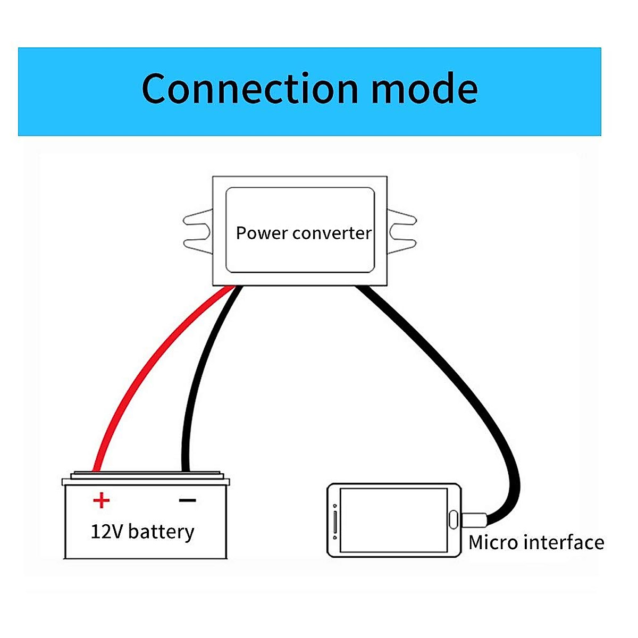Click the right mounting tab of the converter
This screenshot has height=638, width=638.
coord(402,232)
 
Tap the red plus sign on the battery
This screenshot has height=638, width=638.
coord(101,500)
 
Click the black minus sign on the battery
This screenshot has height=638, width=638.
coord(187,500)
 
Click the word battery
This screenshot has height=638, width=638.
coord(161,532)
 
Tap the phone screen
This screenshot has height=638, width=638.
coord(393,520)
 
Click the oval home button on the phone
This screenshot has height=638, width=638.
coord(454,519)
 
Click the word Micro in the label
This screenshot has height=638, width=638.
coord(493,543)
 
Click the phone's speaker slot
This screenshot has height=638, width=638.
coord(334,520)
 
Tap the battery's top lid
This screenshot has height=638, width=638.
coord(146,477)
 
